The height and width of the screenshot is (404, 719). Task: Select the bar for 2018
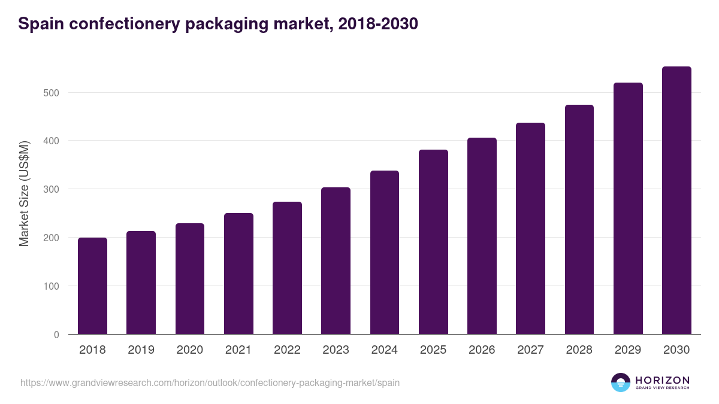pos(92,286)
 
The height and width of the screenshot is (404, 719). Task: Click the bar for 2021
pos(238,274)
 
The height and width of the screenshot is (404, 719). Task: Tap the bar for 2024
pos(385,253)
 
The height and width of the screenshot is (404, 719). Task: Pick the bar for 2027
pos(530,229)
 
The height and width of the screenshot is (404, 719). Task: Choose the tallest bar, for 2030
pos(676,201)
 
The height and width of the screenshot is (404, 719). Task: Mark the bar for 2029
pos(628,208)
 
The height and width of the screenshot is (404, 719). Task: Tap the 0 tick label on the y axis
pos(56,335)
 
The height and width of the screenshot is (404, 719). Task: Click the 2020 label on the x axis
pos(189,350)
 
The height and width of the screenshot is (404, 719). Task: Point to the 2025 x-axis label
pos(433,350)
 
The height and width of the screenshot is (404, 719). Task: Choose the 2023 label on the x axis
pos(336,350)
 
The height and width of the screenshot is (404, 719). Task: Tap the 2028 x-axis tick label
pos(579,350)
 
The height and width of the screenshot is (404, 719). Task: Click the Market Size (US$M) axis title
pos(24,194)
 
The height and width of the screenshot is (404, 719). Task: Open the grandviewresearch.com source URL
pos(210,382)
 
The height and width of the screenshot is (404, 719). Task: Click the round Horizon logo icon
pos(621,382)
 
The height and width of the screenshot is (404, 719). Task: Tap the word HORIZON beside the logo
pos(662,379)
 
